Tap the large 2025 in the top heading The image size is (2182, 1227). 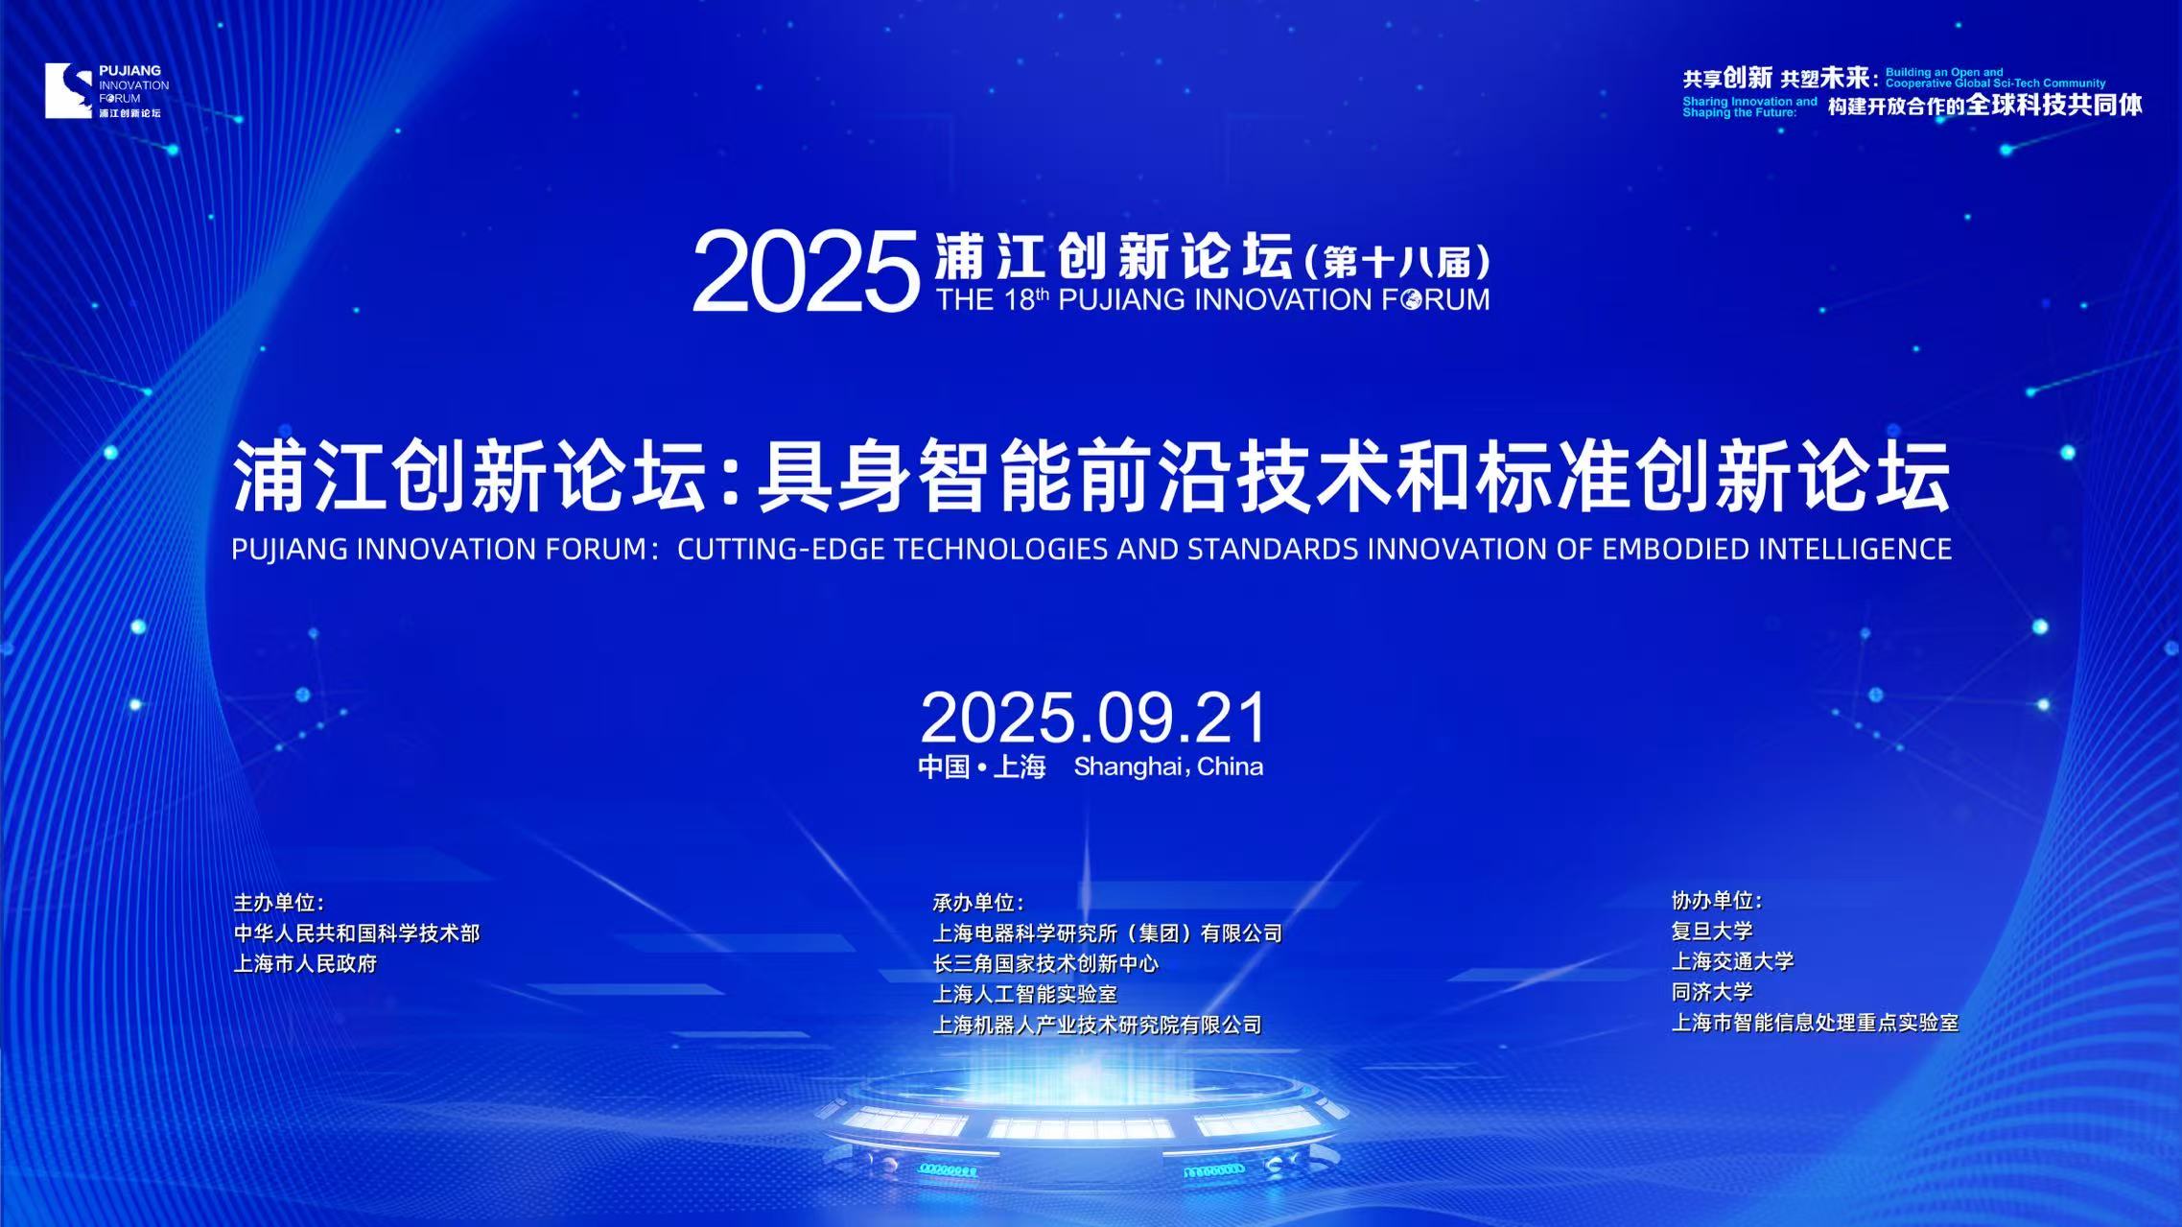pos(806,272)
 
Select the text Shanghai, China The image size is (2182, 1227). pos(1168,767)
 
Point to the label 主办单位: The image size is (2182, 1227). pos(279,903)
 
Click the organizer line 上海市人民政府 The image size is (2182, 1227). pos(305,964)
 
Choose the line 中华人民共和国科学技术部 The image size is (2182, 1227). pos(357,933)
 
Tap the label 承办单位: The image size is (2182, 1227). pos(978,903)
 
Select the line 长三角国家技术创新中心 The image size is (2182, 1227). pos(1045,964)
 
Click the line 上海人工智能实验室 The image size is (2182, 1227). pos(1025,995)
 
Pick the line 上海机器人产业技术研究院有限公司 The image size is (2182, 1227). pos(1097,1026)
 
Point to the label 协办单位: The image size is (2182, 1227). pos(1717,901)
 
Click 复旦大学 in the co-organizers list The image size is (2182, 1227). pos(1712,932)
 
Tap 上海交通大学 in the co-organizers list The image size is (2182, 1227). pos(1732,962)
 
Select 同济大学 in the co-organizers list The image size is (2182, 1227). pos(1712,993)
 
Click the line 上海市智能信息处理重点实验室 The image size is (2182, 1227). pos(1815,1024)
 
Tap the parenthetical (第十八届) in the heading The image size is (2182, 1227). pos(1397,261)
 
